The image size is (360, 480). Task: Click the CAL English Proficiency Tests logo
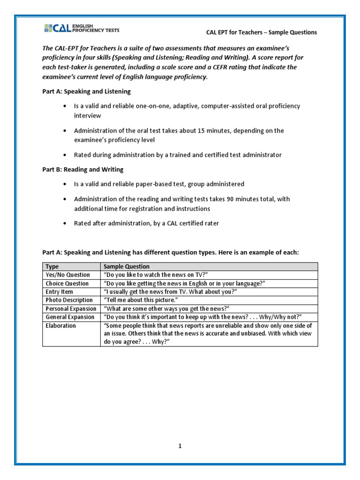click(82, 29)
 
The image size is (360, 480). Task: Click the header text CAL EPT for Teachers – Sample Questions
click(262, 32)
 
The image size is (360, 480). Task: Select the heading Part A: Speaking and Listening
click(87, 91)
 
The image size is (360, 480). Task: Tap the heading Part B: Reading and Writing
click(83, 169)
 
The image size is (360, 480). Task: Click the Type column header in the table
click(52, 267)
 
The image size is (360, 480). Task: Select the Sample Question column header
click(127, 267)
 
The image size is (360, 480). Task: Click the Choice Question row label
click(67, 284)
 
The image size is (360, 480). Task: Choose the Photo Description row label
click(69, 300)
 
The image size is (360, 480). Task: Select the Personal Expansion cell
click(71, 309)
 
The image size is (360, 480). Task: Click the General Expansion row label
click(70, 317)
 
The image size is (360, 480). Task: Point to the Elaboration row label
click(60, 326)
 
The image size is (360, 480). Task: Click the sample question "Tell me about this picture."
click(140, 300)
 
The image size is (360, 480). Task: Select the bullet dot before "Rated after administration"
click(64, 224)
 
